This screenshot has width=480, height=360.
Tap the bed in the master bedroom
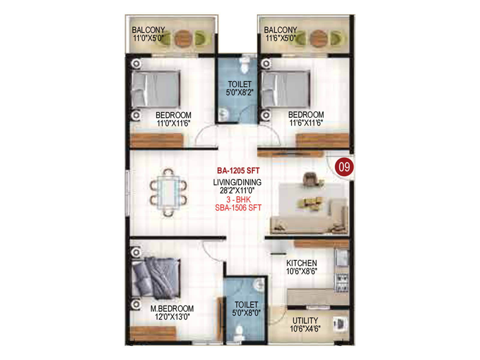coord(156,278)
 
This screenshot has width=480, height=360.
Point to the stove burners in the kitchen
coord(342,282)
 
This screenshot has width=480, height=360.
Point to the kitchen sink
coord(342,257)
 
